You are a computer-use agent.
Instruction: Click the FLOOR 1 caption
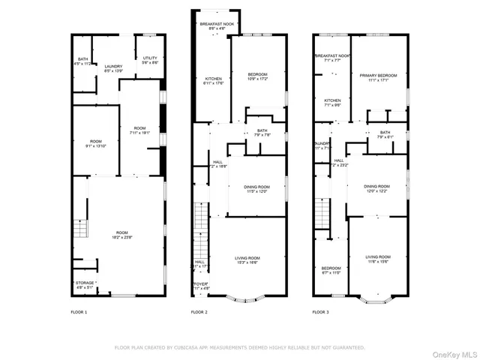click(x=79, y=311)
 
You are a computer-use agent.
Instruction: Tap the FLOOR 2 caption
click(x=199, y=311)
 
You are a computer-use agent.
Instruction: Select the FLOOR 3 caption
click(x=321, y=311)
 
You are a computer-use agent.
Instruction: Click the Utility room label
click(x=150, y=59)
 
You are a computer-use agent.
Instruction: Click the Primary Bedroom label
click(x=378, y=77)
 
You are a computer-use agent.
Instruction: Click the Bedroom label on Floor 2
click(x=258, y=75)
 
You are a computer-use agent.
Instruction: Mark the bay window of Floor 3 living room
click(x=376, y=301)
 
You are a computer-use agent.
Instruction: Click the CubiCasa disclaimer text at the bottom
click(x=239, y=347)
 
